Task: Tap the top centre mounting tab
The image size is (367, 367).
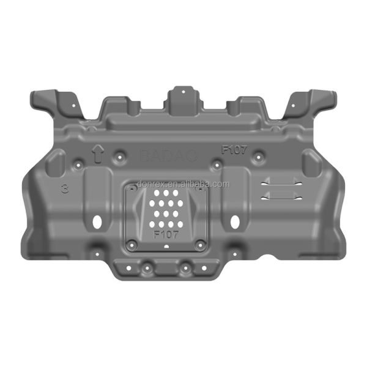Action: (181, 97)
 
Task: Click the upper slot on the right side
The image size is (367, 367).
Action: (281, 182)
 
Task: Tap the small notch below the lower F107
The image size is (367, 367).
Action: (166, 247)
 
